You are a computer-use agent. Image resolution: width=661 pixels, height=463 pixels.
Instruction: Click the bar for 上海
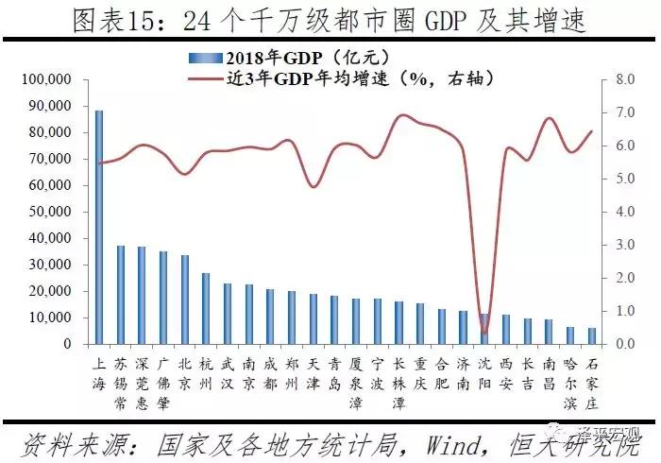pyautogui.click(x=98, y=227)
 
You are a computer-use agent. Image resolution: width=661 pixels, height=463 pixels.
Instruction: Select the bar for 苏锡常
pyautogui.click(x=120, y=295)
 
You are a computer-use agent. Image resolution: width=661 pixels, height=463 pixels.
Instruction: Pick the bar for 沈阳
pyautogui.click(x=485, y=329)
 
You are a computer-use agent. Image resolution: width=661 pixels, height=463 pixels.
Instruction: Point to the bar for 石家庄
pyautogui.click(x=592, y=335)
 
